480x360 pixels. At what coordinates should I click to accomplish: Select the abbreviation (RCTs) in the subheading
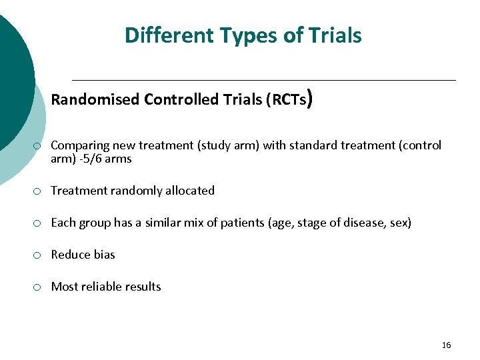click(x=287, y=100)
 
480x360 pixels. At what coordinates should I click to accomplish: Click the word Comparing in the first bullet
click(x=80, y=145)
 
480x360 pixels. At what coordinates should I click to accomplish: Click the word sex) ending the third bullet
click(x=399, y=223)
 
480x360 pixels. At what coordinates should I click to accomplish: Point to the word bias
click(x=103, y=255)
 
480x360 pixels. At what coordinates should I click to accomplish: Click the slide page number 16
click(x=446, y=345)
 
